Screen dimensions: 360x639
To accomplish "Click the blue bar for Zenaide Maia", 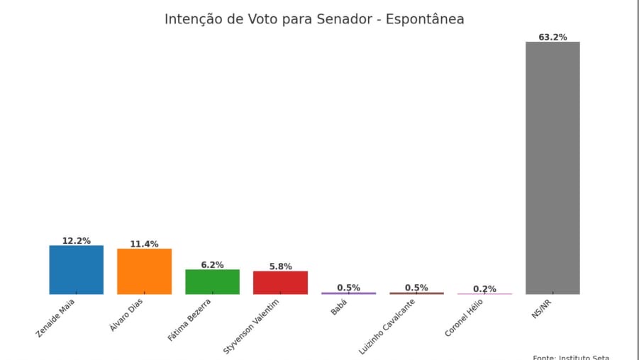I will [76, 270].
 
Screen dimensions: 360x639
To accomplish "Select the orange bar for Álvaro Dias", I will [144, 271].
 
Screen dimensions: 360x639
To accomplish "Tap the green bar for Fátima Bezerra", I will [212, 282].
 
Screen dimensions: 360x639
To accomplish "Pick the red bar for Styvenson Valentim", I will [280, 283].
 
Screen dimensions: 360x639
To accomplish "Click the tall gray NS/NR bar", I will [552, 168].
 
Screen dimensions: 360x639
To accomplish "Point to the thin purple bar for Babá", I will [348, 293].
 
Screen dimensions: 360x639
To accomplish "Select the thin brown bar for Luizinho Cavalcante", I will [416, 293].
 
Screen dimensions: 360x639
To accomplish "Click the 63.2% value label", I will [552, 37].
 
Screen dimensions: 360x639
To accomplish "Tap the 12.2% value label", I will [76, 241].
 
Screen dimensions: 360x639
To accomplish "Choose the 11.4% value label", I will [144, 244].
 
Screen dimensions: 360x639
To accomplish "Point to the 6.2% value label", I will [212, 265].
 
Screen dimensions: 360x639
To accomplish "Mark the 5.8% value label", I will [280, 266].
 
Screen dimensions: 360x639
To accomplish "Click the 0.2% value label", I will [484, 288].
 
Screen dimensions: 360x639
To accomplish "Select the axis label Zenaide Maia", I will [56, 317].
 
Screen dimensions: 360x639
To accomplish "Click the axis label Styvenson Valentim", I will [252, 326].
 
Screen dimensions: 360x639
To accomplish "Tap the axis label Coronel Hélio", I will [465, 317].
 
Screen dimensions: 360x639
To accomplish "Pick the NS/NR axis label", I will [543, 308].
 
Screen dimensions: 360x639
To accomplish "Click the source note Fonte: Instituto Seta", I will [571, 357].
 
